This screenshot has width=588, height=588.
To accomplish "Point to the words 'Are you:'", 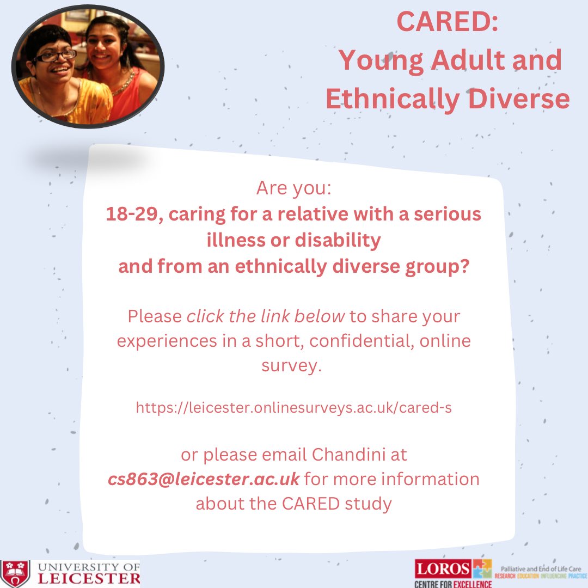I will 294,189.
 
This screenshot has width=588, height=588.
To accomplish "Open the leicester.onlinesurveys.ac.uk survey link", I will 294,408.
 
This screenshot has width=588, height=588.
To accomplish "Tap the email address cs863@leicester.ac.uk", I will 204,479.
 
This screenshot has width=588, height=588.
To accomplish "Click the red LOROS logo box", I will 443,569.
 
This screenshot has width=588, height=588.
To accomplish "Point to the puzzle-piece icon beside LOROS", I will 482,569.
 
